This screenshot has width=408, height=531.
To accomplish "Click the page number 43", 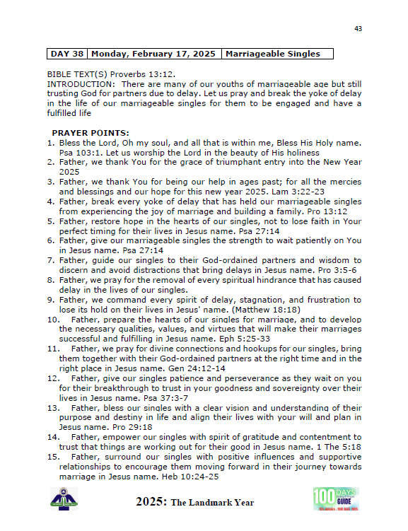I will click(x=358, y=28).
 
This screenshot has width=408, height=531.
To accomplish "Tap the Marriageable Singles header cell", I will click(x=277, y=54).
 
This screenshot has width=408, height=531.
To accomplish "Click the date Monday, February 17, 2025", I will click(x=153, y=54).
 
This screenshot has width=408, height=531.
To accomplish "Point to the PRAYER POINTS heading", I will click(x=91, y=133).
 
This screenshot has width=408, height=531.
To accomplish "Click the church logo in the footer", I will click(x=64, y=498).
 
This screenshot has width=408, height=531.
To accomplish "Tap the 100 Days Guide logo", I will click(x=335, y=498).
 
